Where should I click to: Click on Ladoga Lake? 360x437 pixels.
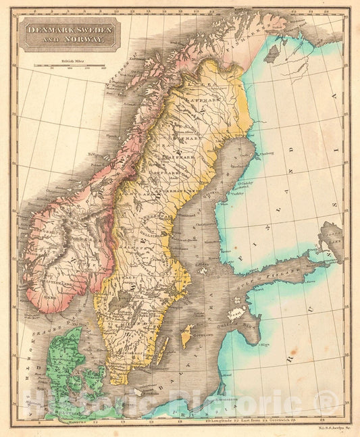[331, 234]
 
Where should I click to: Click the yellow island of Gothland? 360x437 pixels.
[187, 336]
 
